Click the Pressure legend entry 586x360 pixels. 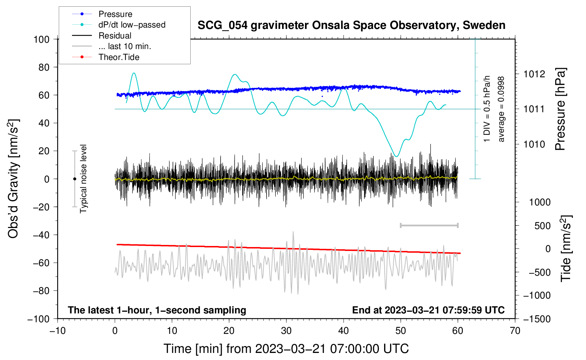click(115, 14)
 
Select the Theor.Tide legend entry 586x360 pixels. click(119, 57)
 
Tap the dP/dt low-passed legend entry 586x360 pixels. click(132, 25)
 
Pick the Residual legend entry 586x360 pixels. click(115, 36)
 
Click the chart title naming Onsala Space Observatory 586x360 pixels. click(351, 25)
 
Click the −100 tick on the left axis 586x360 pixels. click(39, 319)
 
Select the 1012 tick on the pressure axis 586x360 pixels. click(534, 74)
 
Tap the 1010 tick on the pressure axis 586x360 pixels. click(534, 144)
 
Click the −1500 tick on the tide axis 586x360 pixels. click(537, 319)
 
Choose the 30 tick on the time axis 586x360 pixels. click(286, 331)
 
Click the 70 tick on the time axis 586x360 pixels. click(515, 331)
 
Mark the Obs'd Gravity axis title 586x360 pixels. click(13, 179)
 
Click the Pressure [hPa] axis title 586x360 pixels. click(560, 109)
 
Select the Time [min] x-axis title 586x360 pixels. click(286, 349)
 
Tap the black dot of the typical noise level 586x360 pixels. click(74, 179)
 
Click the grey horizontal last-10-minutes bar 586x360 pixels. click(429, 225)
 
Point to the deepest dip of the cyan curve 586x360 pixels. click(396, 156)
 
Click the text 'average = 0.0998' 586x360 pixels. click(501, 109)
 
